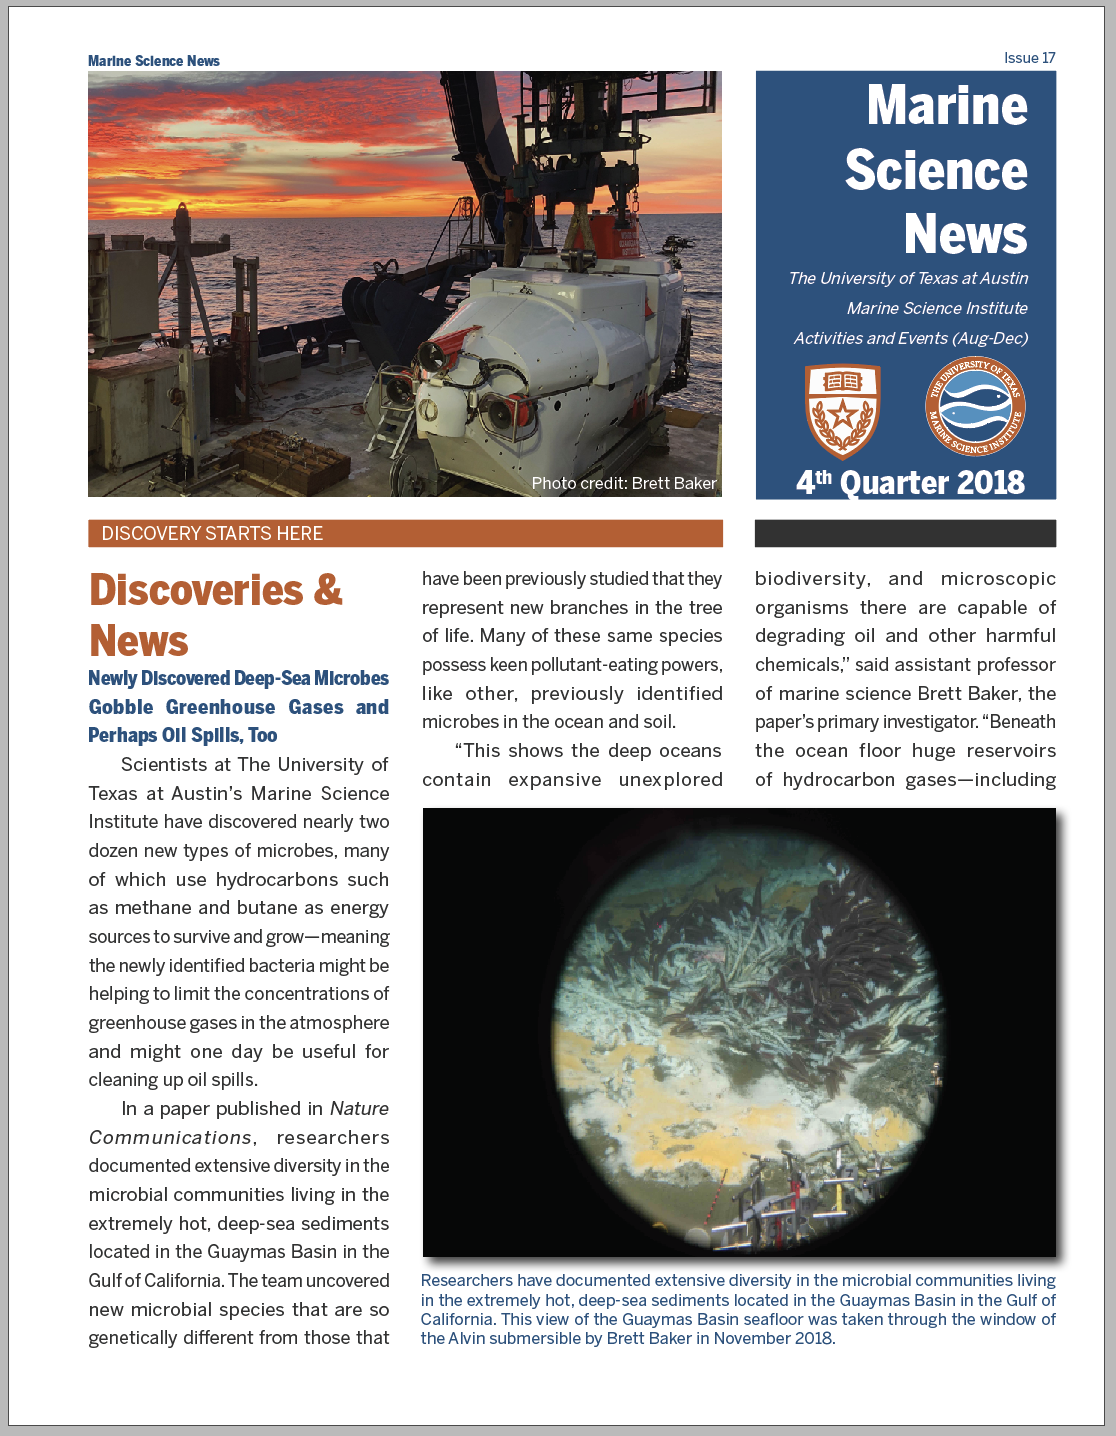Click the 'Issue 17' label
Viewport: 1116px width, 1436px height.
(x=1029, y=58)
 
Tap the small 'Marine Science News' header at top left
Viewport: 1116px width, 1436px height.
(x=154, y=61)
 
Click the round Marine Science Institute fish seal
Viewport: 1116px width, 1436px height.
(x=975, y=406)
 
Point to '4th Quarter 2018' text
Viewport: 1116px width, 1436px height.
(x=910, y=482)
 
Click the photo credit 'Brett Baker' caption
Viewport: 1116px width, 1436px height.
(x=624, y=483)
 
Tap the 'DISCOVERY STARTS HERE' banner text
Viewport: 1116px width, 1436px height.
(x=212, y=534)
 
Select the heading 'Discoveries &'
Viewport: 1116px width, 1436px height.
(x=216, y=590)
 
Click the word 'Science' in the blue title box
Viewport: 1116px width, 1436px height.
(x=936, y=171)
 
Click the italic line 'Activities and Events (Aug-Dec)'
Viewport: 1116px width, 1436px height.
(x=910, y=338)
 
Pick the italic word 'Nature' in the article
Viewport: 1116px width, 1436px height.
(x=359, y=1108)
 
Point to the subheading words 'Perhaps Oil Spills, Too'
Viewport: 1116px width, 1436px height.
(x=183, y=735)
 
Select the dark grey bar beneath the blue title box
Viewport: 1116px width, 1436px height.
(x=905, y=533)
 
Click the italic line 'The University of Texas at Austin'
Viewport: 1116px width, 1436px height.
(x=908, y=278)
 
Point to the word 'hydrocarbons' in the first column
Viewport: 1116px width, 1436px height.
(x=277, y=879)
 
